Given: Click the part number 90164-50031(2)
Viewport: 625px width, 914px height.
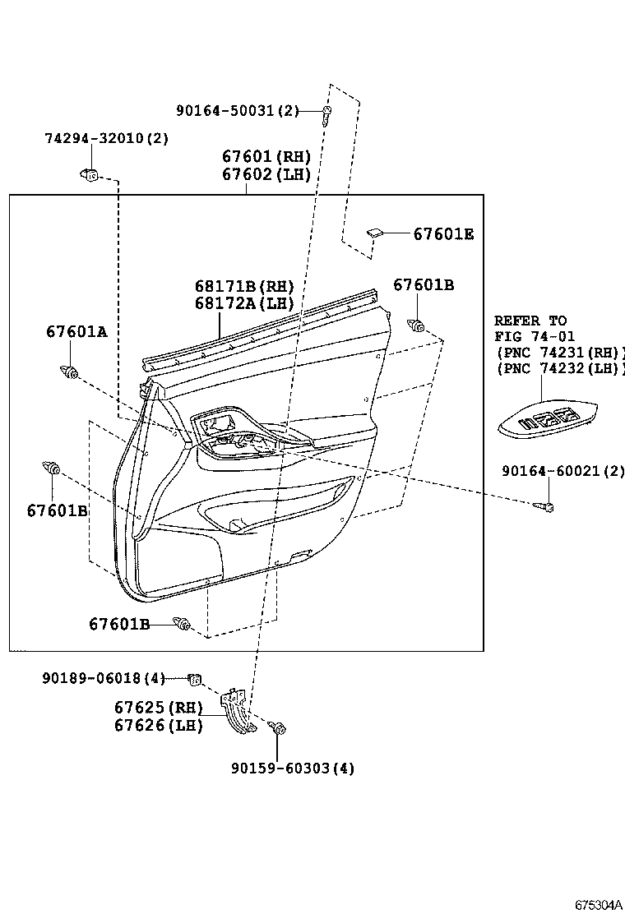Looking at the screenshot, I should pyautogui.click(x=237, y=111).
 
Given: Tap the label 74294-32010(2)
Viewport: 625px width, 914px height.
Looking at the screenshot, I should pyautogui.click(x=106, y=138).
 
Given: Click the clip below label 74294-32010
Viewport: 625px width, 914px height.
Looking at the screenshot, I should pyautogui.click(x=90, y=174).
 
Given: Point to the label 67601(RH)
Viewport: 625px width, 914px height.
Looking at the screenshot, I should pyautogui.click(x=266, y=156).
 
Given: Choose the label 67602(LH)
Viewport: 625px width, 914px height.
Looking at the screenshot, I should pyautogui.click(x=266, y=173).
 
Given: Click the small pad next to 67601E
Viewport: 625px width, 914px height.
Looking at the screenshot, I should pyautogui.click(x=373, y=233).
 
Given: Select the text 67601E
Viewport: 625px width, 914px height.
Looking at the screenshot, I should pyautogui.click(x=443, y=234).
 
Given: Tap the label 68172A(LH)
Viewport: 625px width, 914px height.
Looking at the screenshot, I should pyautogui.click(x=244, y=302).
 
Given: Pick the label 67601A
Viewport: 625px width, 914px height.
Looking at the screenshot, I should pyautogui.click(x=76, y=331).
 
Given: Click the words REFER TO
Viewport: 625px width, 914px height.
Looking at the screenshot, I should pyautogui.click(x=530, y=321).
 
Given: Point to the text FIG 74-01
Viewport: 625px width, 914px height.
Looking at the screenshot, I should pyautogui.click(x=535, y=336).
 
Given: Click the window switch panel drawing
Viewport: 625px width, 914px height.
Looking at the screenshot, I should pyautogui.click(x=548, y=419).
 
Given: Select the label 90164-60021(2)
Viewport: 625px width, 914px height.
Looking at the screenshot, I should pyautogui.click(x=562, y=471).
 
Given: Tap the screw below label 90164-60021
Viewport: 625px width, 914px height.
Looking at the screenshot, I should pyautogui.click(x=544, y=505).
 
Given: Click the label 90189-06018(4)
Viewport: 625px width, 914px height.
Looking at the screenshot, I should pyautogui.click(x=104, y=678).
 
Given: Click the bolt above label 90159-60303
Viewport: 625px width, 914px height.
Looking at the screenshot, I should pyautogui.click(x=278, y=728).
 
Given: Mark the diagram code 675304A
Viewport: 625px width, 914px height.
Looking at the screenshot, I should pyautogui.click(x=598, y=904).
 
